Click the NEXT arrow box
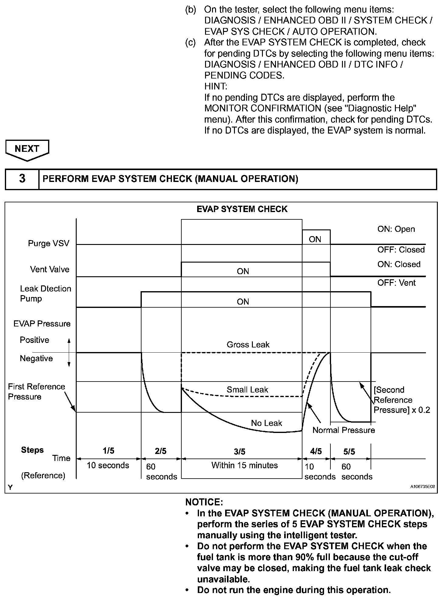tap(27, 149)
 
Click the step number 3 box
tap(22, 179)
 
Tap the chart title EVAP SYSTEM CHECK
tap(242, 209)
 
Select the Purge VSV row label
tap(49, 243)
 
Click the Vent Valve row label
tap(50, 269)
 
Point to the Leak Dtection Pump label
tap(45, 293)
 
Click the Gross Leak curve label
tap(248, 345)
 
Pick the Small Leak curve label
tap(247, 390)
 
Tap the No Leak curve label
tap(267, 423)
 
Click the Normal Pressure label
tap(344, 430)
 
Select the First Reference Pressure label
tap(36, 392)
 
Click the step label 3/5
tap(240, 452)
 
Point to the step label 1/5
tap(109, 451)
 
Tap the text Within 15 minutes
tap(245, 465)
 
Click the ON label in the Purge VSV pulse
tap(315, 239)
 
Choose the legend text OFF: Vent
tap(396, 283)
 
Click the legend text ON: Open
tap(396, 229)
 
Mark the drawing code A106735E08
tap(422, 487)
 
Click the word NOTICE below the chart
tap(204, 502)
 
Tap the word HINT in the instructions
tap(216, 86)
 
